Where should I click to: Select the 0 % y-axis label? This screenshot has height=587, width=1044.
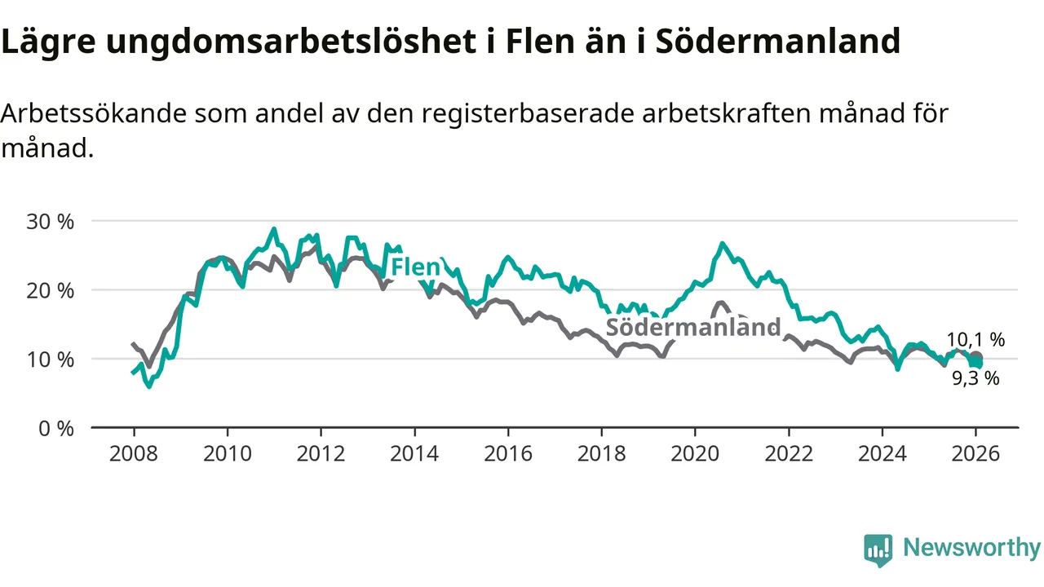55,428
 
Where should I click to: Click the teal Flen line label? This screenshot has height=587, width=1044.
415,267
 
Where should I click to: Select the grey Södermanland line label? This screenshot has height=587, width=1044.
693,328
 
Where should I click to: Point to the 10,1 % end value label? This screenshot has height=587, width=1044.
975,341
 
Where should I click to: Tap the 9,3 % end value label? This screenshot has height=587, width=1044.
975,378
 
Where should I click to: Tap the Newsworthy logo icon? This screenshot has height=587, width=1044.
878,550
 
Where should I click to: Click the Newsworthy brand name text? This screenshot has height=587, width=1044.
971,548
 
